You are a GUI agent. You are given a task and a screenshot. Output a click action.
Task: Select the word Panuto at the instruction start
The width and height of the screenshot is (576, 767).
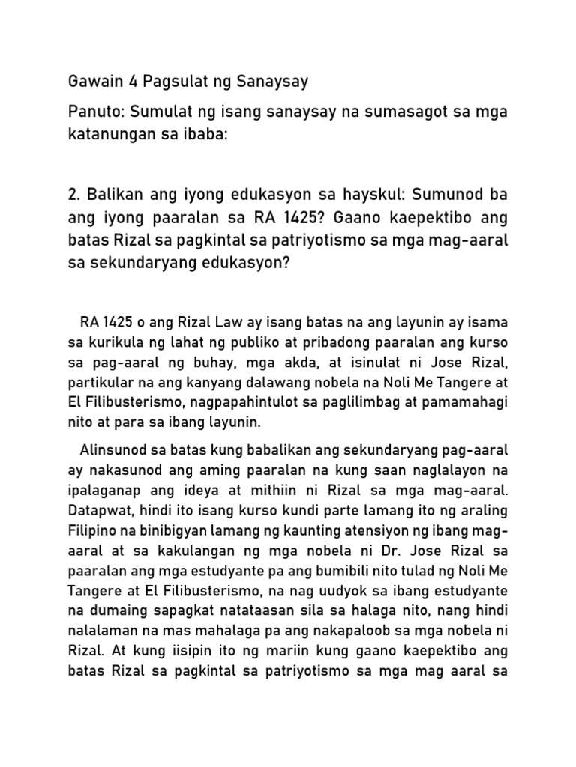(94, 112)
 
